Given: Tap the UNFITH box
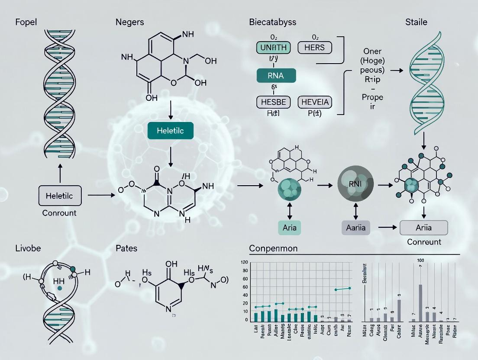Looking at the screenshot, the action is (273, 47).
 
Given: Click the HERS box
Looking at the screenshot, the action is (314, 47).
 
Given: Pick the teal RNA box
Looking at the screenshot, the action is (276, 76).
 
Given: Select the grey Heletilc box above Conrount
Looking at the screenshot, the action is (59, 196).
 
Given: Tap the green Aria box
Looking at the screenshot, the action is (289, 227).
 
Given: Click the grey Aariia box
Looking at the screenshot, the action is (356, 227).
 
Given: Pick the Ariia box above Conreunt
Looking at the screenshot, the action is (424, 227).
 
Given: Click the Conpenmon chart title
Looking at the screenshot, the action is (274, 249).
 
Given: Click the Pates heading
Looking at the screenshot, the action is (126, 248).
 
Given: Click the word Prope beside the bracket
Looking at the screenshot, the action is (372, 97).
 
